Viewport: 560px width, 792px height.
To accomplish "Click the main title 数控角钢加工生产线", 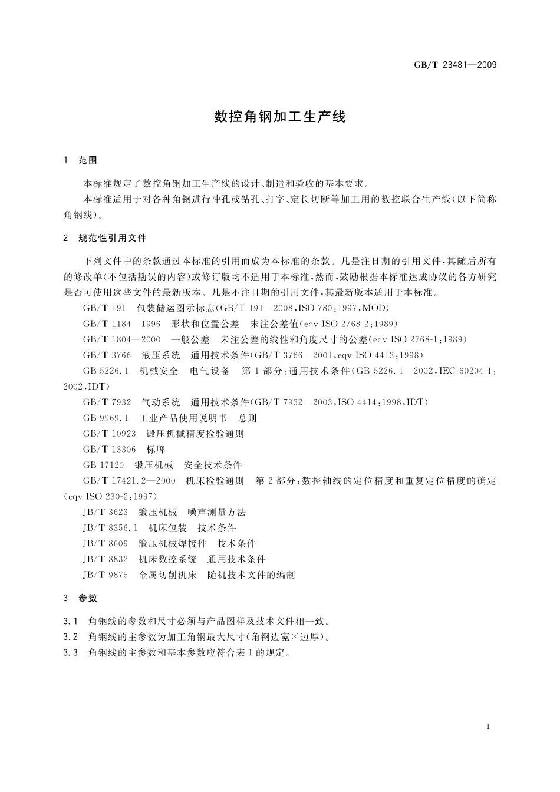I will coord(280,116).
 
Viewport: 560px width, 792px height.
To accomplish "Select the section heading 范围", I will coord(87,160).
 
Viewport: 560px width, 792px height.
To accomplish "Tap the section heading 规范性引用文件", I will coord(112,238).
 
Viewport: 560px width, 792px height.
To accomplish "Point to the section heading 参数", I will coord(87,598).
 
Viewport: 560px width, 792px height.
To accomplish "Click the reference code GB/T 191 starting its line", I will coord(104,308).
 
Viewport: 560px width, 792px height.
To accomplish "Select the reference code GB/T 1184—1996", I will coord(121,324).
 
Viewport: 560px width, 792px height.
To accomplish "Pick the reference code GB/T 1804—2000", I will coord(121,339).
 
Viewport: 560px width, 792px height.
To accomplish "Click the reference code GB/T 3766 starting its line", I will coord(107,355).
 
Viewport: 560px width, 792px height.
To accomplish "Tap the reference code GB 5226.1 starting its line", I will coord(106,371).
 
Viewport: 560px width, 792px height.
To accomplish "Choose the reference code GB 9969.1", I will coord(106,418).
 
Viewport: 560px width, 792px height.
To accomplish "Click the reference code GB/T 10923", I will coord(109,434).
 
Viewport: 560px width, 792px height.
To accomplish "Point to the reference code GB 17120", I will coord(103,465).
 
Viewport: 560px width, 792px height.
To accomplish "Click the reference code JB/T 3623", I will coord(106,512).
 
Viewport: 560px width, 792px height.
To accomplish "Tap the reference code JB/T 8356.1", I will coord(110,528).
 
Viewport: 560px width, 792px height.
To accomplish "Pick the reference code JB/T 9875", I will coord(106,575).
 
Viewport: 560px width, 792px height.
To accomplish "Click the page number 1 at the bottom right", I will coord(489,727).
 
